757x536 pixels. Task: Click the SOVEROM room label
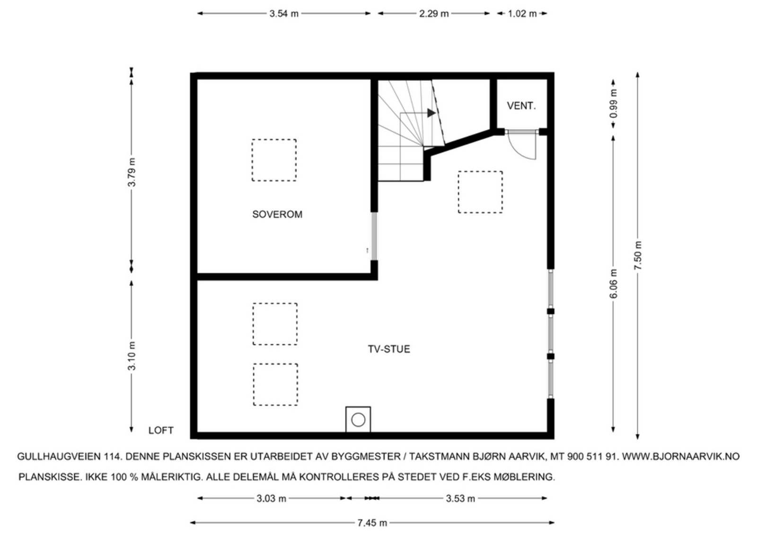coord(277,214)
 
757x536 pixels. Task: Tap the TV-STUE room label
coord(389,349)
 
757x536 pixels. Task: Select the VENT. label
coord(521,106)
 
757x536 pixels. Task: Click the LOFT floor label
coord(161,430)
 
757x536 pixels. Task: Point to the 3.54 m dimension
coord(284,14)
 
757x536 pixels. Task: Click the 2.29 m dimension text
coord(433,14)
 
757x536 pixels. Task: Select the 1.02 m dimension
coord(522,14)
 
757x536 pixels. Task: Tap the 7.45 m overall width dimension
coord(372,523)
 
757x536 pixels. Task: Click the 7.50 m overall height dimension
coord(638,256)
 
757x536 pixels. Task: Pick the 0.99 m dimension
coord(614,104)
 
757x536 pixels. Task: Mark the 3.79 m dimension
coord(132,172)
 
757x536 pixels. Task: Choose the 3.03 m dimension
coord(271,499)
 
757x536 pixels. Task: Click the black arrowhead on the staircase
coord(431,113)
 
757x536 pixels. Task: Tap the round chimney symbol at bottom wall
coord(358,420)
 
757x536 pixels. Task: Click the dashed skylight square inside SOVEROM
coord(274,160)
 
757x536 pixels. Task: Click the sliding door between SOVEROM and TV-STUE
coord(374,236)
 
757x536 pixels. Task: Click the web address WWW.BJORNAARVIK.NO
coord(680,456)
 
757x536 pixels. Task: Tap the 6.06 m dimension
coord(614,284)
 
